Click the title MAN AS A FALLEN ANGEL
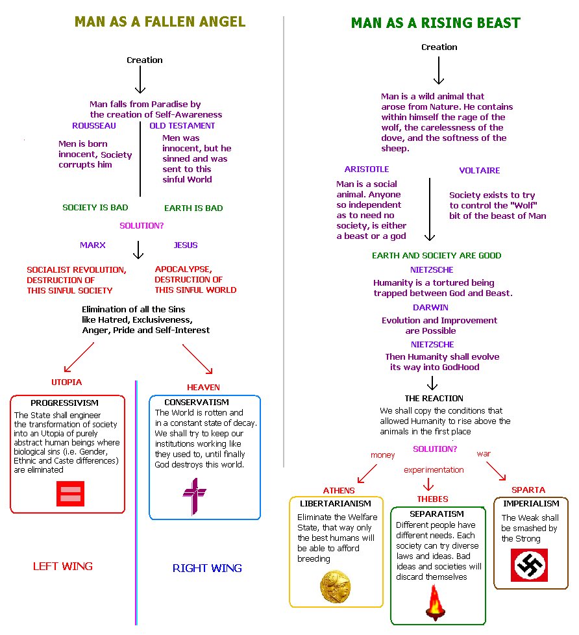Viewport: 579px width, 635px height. pyautogui.click(x=160, y=21)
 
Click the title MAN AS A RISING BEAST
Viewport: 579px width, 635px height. pyautogui.click(x=436, y=23)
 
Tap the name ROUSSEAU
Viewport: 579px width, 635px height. pyautogui.click(x=95, y=125)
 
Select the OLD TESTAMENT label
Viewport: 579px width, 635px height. pyautogui.click(x=182, y=125)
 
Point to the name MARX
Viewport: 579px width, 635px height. pyautogui.click(x=93, y=245)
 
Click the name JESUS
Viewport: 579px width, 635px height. pyautogui.click(x=186, y=245)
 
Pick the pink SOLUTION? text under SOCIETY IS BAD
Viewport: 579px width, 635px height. pyautogui.click(x=142, y=226)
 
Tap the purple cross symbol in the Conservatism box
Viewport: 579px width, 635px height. pyautogui.click(x=194, y=496)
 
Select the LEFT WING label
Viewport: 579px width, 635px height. pyautogui.click(x=63, y=566)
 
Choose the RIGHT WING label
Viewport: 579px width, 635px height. pyautogui.click(x=207, y=568)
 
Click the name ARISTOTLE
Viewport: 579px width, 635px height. pyautogui.click(x=367, y=169)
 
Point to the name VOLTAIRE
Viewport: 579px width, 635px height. pyautogui.click(x=480, y=170)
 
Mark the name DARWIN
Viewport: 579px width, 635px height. pyautogui.click(x=431, y=307)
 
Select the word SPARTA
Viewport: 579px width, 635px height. pyautogui.click(x=528, y=490)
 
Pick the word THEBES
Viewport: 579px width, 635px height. pyautogui.click(x=432, y=499)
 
